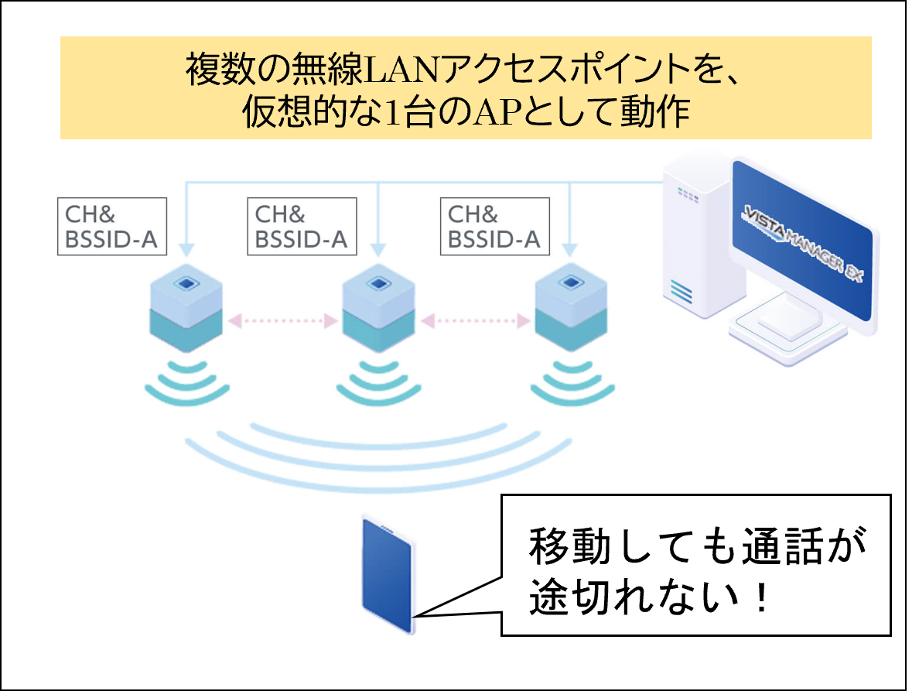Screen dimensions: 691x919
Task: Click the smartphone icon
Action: tap(388, 574)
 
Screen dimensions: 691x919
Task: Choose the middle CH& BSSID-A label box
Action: tap(302, 227)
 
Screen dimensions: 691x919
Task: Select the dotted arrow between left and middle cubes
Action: tap(282, 319)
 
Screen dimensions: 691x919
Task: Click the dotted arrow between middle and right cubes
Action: tap(476, 319)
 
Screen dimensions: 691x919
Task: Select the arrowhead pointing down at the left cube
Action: tap(186, 250)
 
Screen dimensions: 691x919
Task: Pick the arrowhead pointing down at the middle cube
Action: tap(378, 250)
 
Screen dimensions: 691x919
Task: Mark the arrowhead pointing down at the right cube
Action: tap(571, 250)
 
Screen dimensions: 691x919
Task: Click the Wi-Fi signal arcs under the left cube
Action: tap(186, 383)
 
